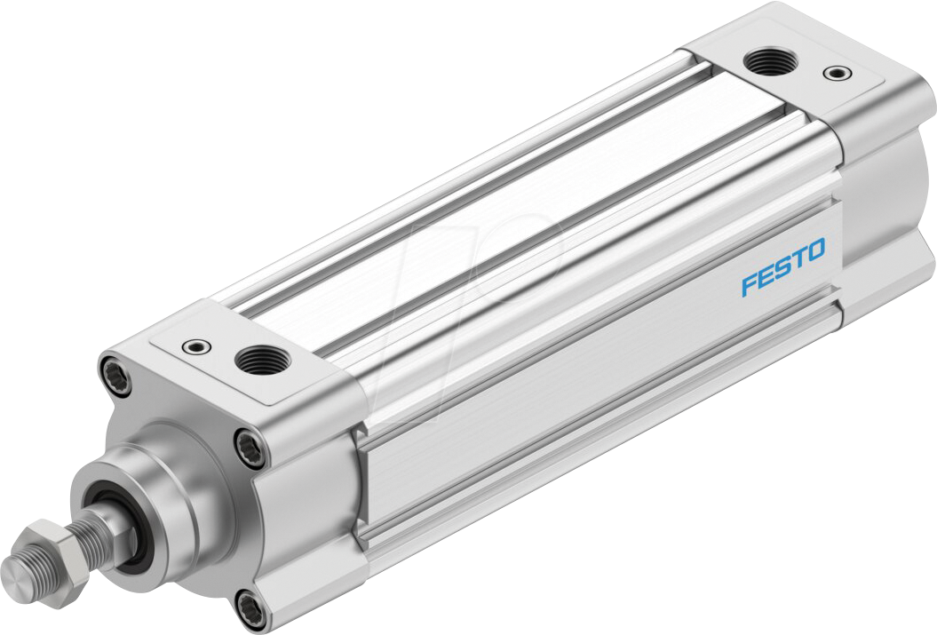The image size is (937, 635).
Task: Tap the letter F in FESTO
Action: (x=749, y=286)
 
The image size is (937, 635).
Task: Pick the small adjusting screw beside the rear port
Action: (x=833, y=72)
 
